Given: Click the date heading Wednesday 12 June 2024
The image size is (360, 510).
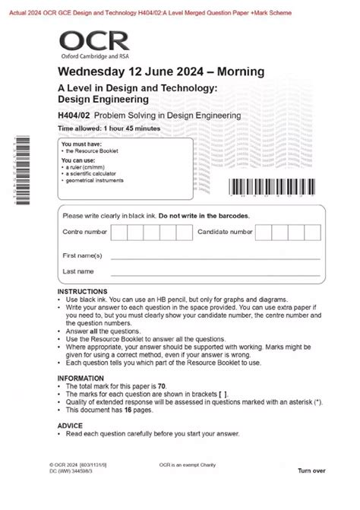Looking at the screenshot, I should pyautogui.click(x=161, y=72).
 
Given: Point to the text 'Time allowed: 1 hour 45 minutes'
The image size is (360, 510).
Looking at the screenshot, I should pyautogui.click(x=109, y=129).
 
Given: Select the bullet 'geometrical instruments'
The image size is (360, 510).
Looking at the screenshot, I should pyautogui.click(x=94, y=181).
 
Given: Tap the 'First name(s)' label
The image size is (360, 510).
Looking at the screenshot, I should pyautogui.click(x=82, y=255).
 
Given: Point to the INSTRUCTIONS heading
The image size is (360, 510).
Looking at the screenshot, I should pyautogui.click(x=83, y=292).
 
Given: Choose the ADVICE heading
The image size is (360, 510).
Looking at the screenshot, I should pyautogui.click(x=72, y=426).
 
